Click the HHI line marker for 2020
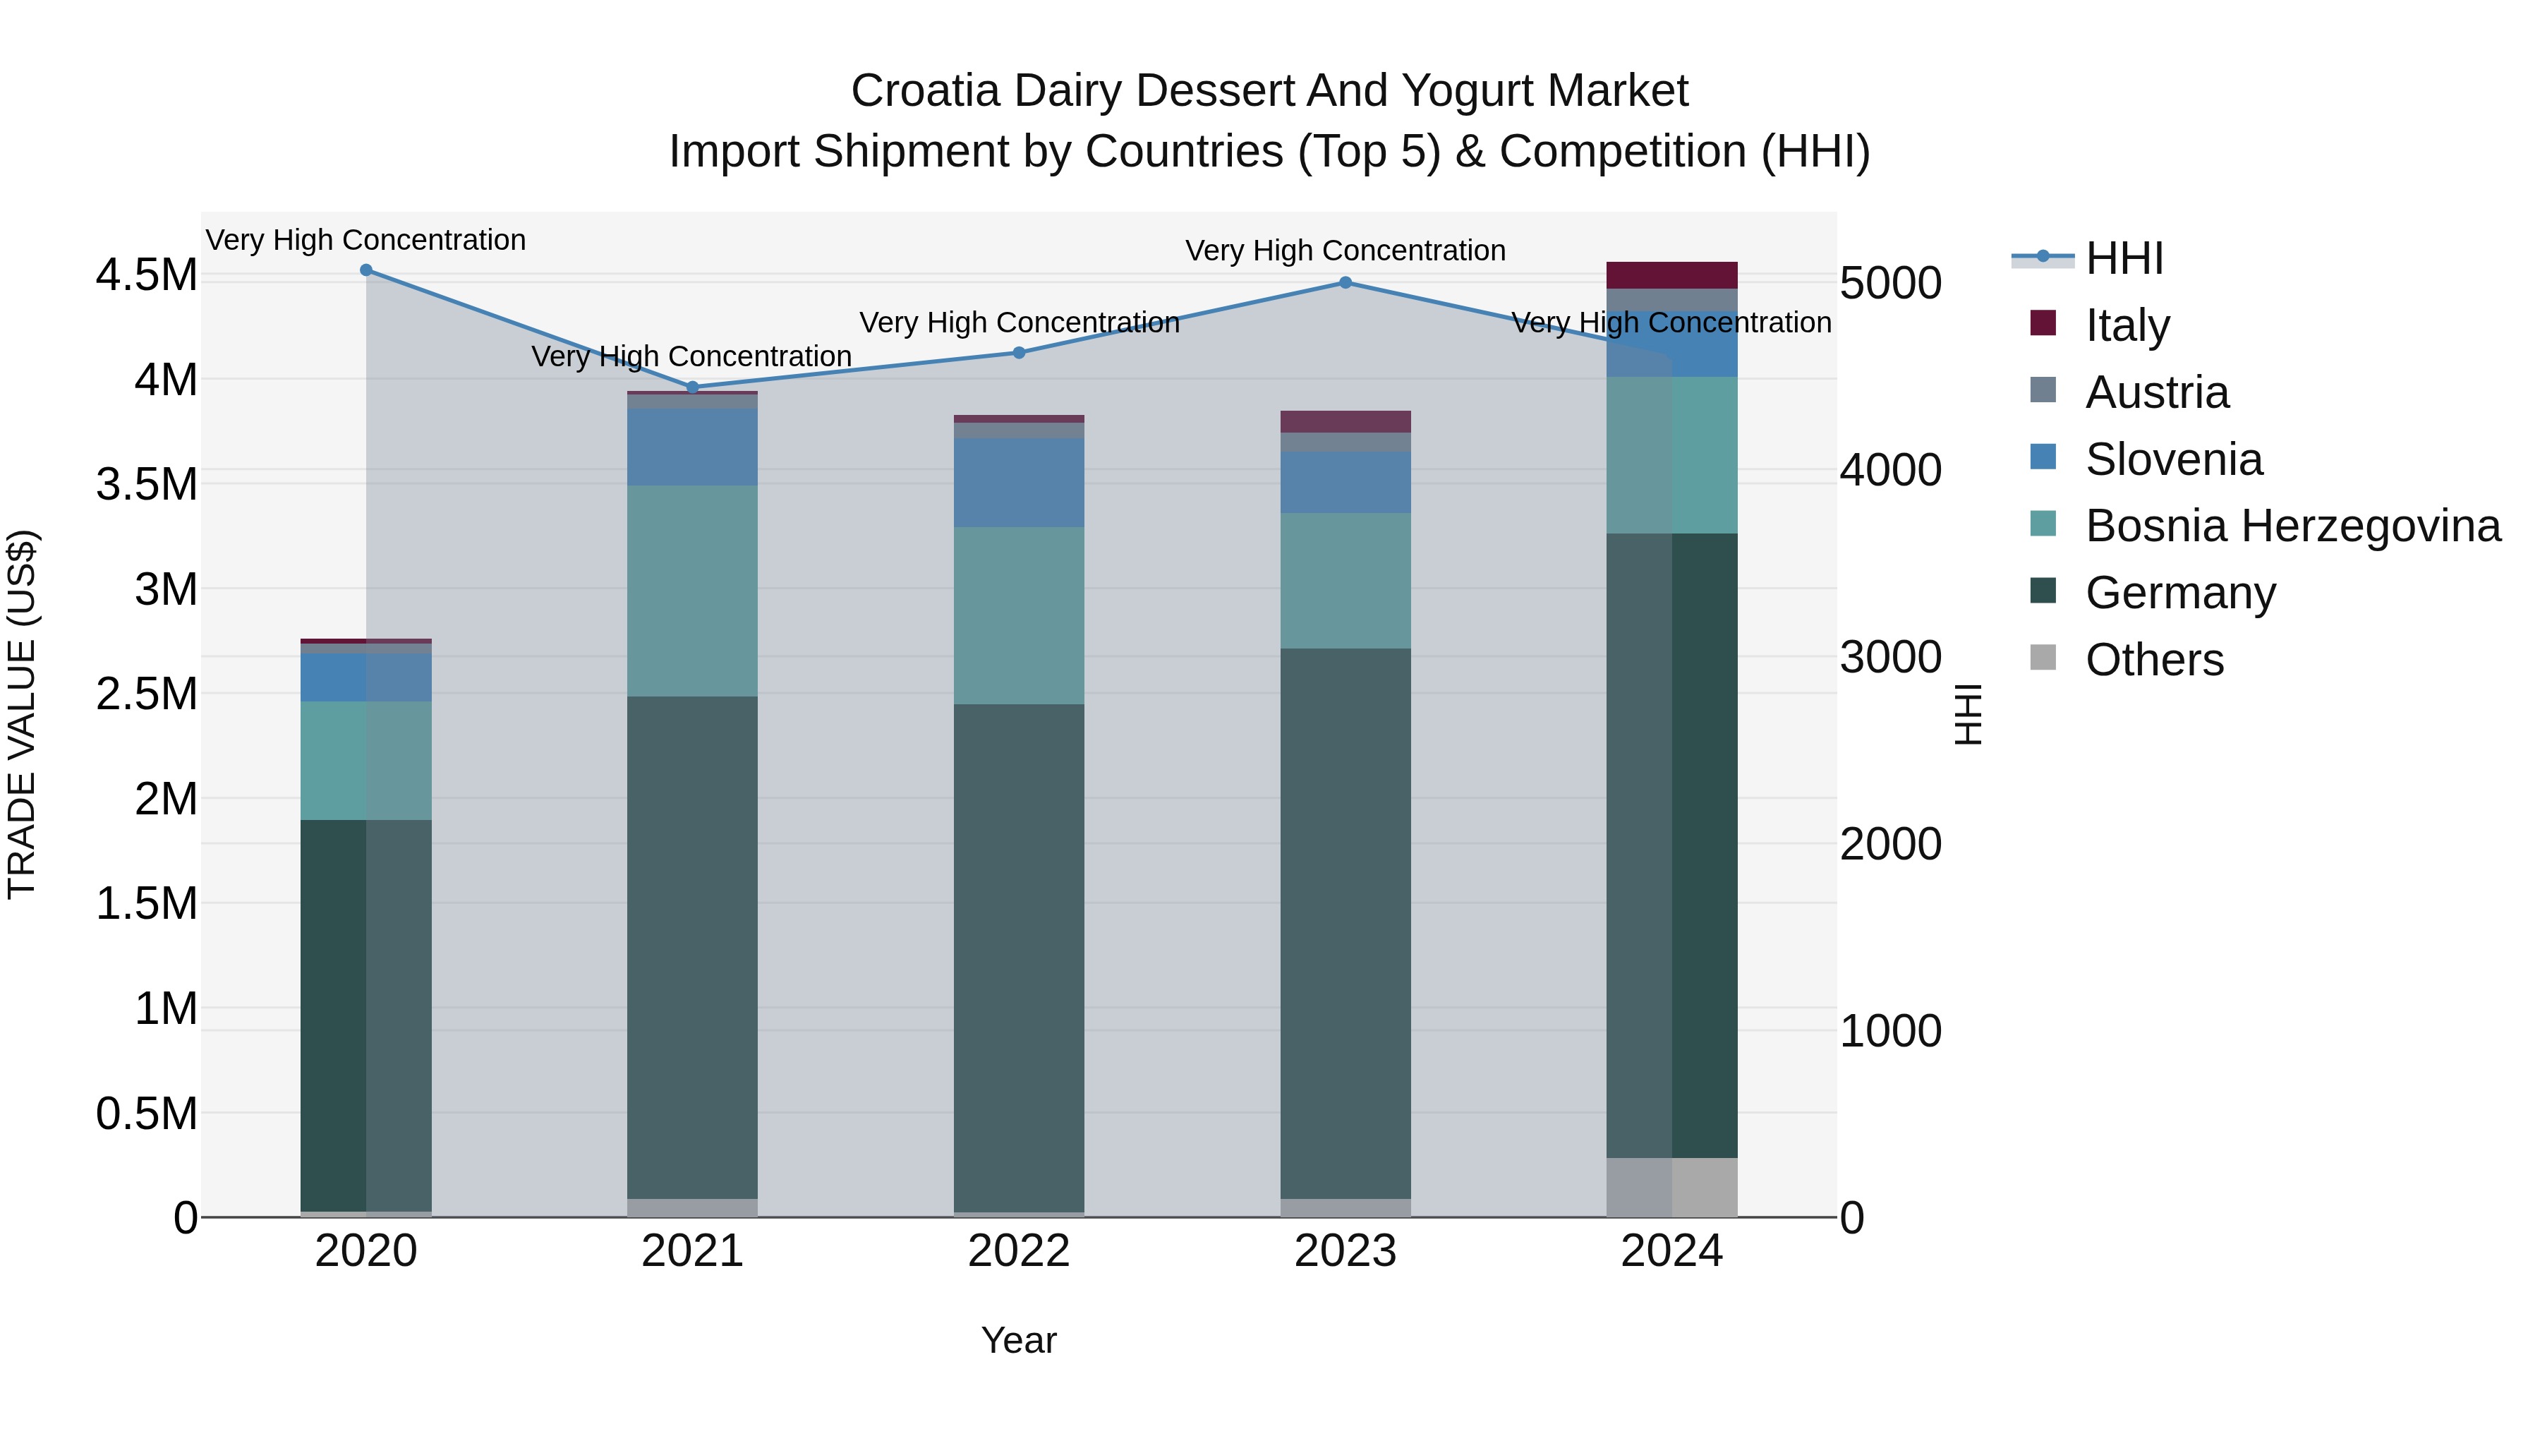[x=365, y=270]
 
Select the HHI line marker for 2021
[x=692, y=387]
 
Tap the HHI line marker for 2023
[x=1345, y=283]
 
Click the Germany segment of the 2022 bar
[x=1019, y=957]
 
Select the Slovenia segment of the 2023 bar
[x=1345, y=482]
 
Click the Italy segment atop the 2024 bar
[x=1671, y=275]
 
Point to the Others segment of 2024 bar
[x=1671, y=1188]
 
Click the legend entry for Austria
[x=2156, y=392]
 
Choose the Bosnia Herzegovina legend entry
[x=2292, y=526]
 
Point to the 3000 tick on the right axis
[x=1890, y=658]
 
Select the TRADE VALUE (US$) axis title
[x=23, y=714]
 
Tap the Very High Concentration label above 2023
[x=1345, y=251]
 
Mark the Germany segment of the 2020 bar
[x=365, y=1015]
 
